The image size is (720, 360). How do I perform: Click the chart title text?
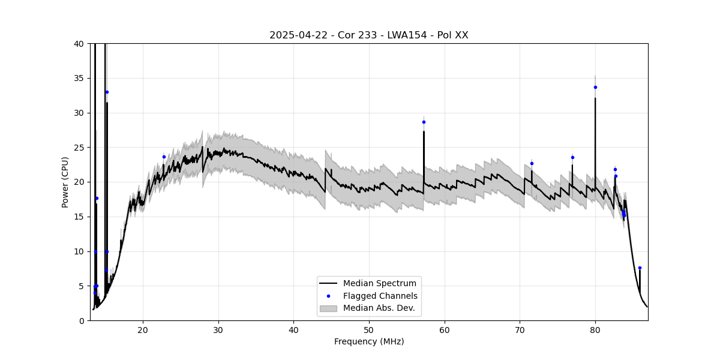368,35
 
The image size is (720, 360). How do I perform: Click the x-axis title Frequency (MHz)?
368,341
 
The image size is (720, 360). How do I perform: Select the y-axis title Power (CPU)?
65,182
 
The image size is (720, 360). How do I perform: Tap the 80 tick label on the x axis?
595,329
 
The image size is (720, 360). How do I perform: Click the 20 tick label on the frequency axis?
143,329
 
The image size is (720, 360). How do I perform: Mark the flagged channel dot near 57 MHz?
424,122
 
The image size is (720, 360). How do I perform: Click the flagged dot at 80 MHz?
595,87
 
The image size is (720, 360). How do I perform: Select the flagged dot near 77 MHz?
572,157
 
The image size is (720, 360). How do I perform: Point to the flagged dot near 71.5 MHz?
532,163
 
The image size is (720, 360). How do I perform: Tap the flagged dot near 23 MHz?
164,157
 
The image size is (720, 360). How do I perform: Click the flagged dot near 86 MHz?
640,268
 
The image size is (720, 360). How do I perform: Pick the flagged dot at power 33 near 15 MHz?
107,92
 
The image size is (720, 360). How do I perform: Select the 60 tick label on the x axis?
445,329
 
